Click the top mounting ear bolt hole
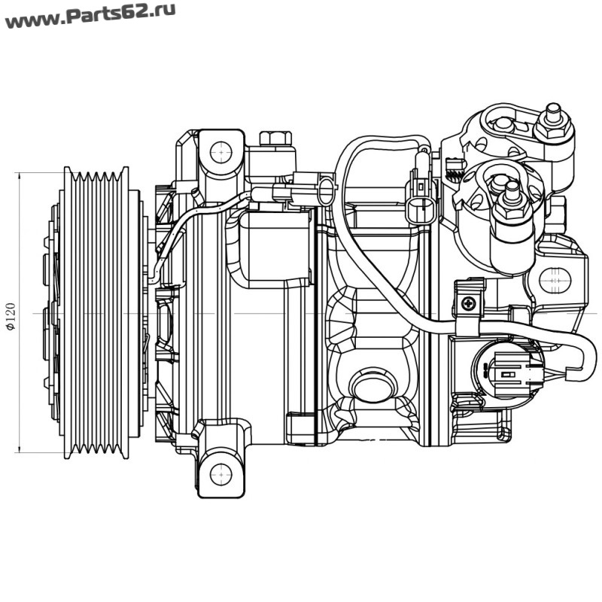tap(220, 154)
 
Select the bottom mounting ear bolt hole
tap(220, 474)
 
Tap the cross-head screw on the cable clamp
tap(470, 303)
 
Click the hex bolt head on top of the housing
tap(275, 139)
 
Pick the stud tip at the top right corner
tap(553, 111)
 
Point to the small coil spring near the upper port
tap(453, 172)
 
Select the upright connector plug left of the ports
tap(421, 199)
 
